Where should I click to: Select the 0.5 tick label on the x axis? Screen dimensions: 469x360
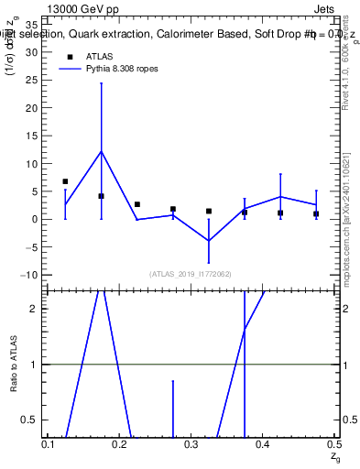point(333,443)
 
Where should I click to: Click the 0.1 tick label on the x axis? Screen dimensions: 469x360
point(49,443)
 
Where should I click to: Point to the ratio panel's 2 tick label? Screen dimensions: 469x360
point(33,309)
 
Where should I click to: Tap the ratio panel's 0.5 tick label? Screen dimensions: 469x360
point(28,420)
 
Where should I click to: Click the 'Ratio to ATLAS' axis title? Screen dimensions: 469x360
point(14,364)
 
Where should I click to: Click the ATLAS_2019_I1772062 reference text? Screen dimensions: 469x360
point(191,274)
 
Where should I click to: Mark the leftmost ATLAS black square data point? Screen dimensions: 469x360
point(65,181)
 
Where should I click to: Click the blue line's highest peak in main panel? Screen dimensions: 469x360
point(101,151)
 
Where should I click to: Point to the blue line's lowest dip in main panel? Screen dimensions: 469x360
point(209,240)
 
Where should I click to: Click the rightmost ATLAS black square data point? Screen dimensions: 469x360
point(316,213)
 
